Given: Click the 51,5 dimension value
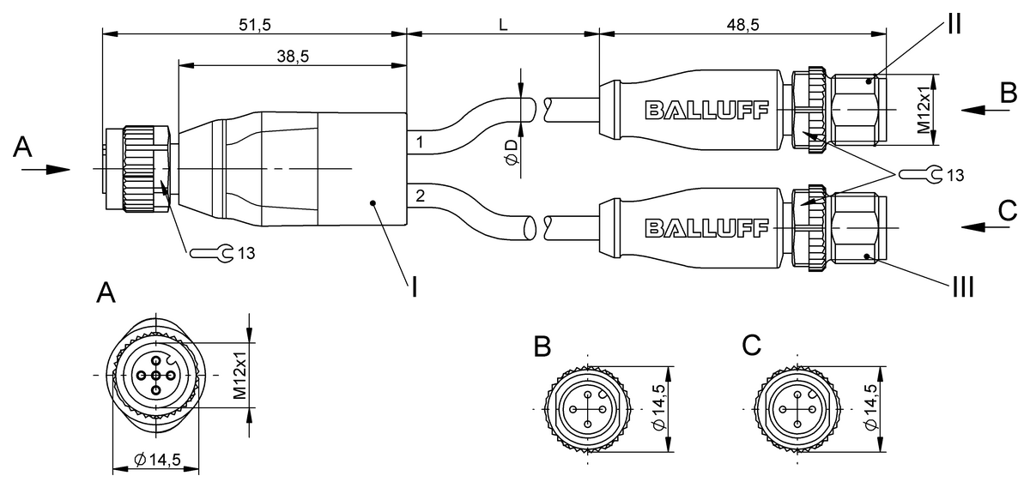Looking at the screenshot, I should [254, 25].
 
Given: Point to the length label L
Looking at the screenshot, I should [503, 25].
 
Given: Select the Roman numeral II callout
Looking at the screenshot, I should [953, 23].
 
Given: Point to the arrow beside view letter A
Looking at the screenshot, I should [46, 169].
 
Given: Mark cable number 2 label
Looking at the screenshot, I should [419, 196].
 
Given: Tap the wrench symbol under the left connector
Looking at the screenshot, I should [211, 253].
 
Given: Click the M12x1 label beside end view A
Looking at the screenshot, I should [241, 375].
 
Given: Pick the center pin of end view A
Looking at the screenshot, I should [156, 375].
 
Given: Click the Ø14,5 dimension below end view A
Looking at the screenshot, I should [157, 461].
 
